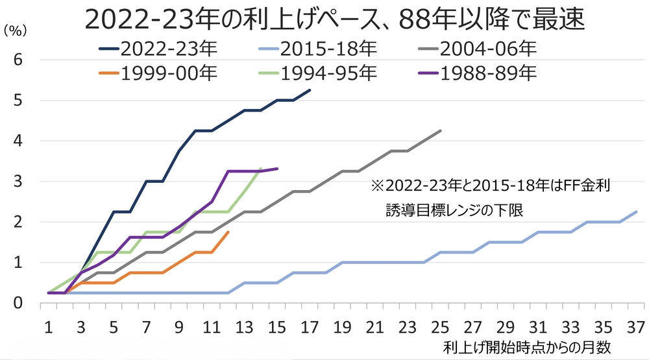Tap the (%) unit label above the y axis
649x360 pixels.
pos(16,31)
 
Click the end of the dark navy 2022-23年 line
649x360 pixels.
pos(310,90)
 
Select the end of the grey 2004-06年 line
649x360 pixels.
pos(441,130)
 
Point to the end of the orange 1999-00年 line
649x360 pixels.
pos(228,232)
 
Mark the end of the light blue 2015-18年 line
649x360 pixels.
pos(637,211)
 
